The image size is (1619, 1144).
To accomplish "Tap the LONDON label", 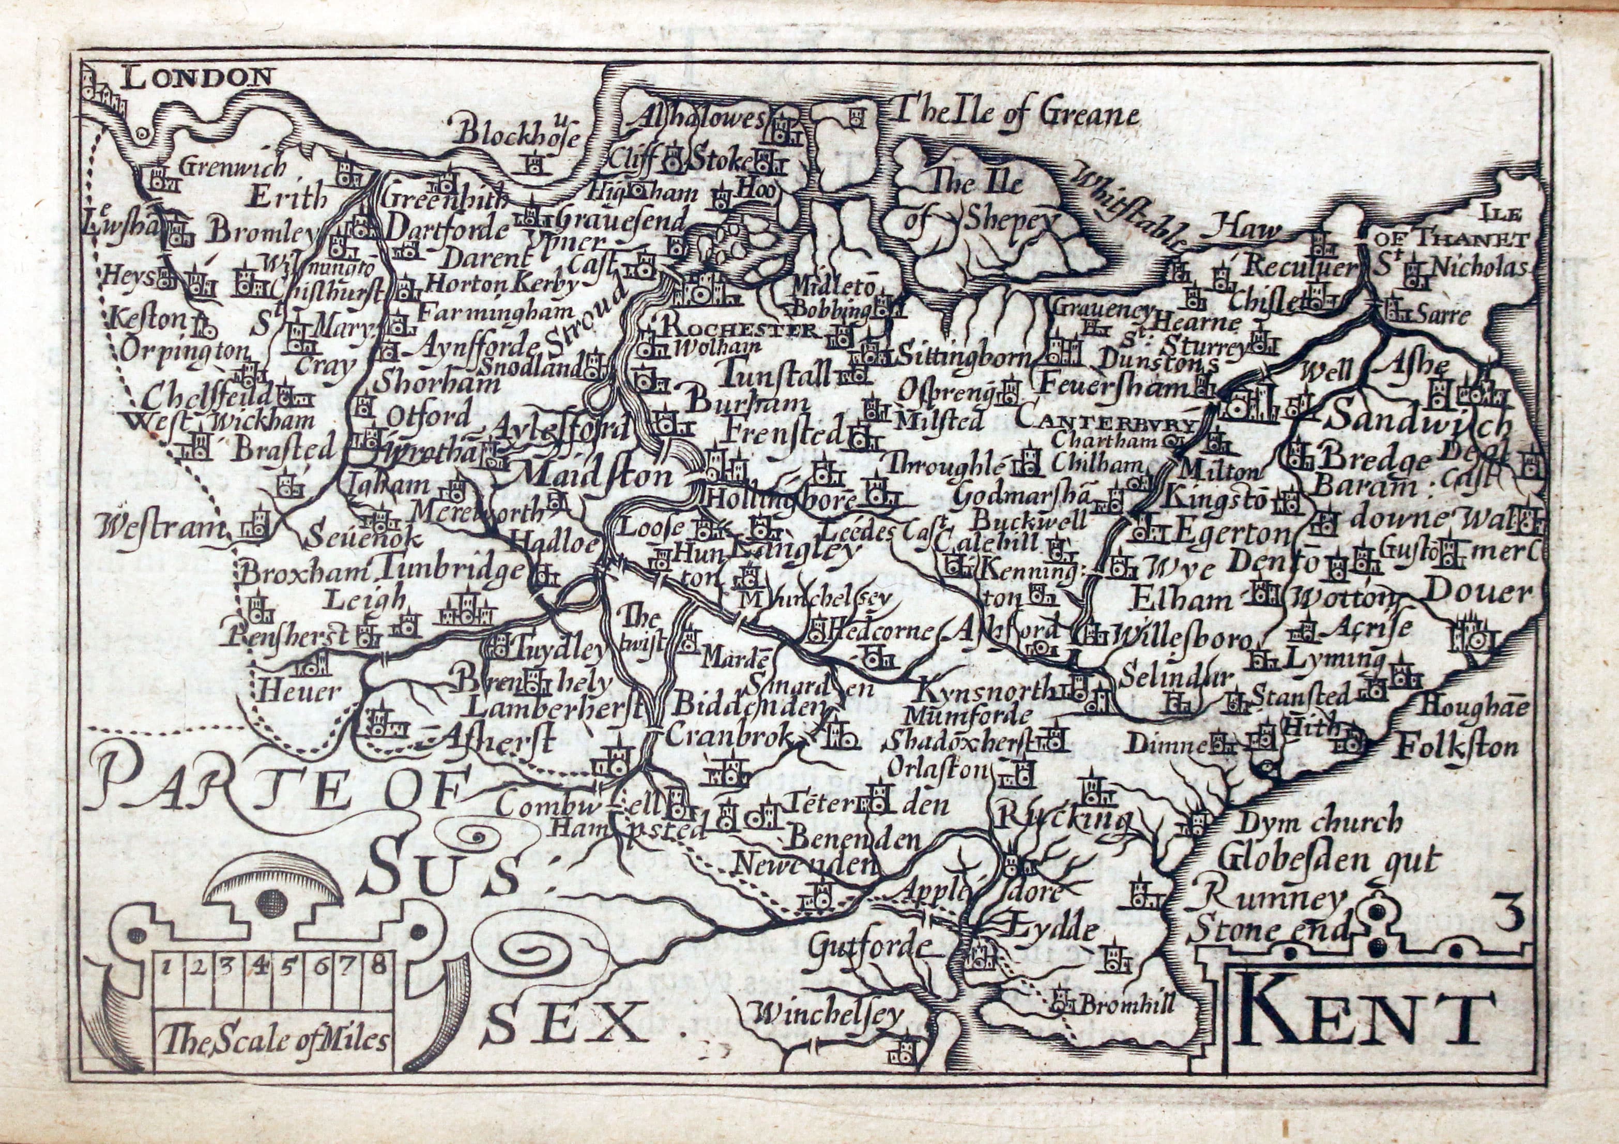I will pyautogui.click(x=197, y=76).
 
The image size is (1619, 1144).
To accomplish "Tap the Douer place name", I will pyautogui.click(x=1477, y=592).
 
